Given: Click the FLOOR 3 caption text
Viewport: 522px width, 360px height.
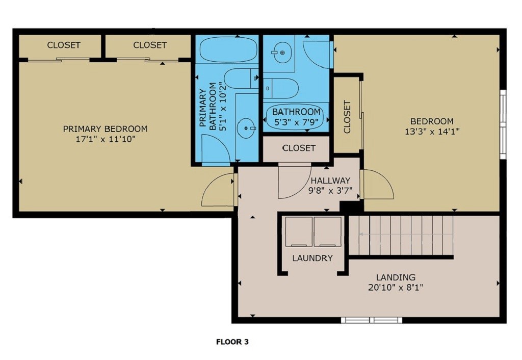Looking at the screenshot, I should [232, 342].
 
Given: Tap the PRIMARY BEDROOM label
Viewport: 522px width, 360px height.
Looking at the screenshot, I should [105, 129].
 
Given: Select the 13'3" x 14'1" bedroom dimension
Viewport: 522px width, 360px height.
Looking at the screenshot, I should [432, 131].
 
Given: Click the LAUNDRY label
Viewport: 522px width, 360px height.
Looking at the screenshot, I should [312, 258].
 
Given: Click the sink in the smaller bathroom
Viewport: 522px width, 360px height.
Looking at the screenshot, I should [279, 52].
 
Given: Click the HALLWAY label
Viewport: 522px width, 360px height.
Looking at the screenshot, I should [330, 181].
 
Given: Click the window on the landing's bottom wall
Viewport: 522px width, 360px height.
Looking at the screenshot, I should [371, 320].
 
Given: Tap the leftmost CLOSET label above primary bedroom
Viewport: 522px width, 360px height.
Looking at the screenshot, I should [64, 45].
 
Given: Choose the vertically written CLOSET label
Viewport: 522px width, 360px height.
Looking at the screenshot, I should [347, 117].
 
